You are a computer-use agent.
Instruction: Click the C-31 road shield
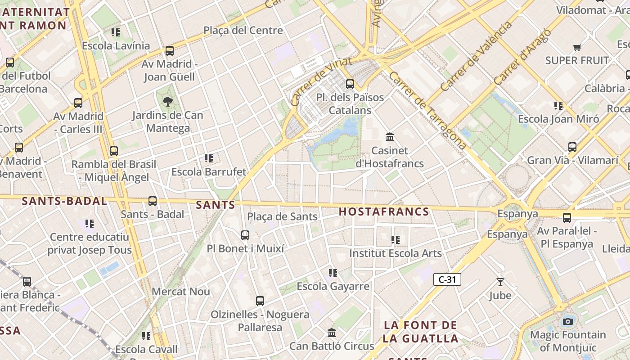[x=447, y=279]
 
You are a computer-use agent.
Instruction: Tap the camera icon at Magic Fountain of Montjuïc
[x=568, y=321]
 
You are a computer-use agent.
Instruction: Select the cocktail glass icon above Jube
[x=500, y=282]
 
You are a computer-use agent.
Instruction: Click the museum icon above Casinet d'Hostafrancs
[x=390, y=137]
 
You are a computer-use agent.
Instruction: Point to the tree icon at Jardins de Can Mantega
[x=168, y=102]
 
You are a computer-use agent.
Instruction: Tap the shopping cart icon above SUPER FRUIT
[x=577, y=47]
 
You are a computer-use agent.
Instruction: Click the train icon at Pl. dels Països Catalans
[x=350, y=84]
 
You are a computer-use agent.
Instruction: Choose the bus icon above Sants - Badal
[x=153, y=201]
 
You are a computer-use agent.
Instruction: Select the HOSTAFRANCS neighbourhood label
[x=384, y=211]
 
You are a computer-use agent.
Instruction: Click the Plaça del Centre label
[x=243, y=31]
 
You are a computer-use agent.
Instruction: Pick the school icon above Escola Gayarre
[x=333, y=273]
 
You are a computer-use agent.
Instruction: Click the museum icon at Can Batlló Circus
[x=332, y=333]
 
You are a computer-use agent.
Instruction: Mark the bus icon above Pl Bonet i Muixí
[x=245, y=235]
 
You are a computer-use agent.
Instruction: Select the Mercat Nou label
[x=181, y=292]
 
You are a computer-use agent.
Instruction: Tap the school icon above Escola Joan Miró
[x=558, y=106]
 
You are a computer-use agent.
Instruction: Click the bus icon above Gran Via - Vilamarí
[x=572, y=147]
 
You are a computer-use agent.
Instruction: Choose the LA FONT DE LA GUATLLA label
[x=421, y=332]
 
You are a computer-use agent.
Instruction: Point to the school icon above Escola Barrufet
[x=209, y=158]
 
